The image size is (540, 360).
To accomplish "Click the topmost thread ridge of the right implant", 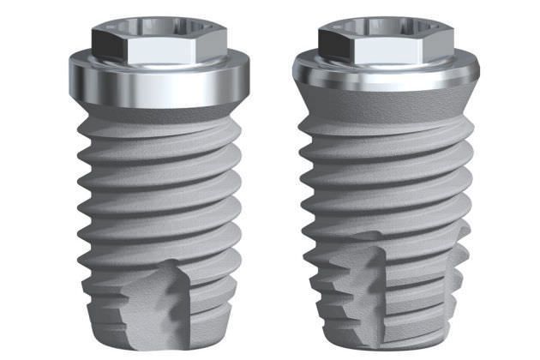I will (x=386, y=129).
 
